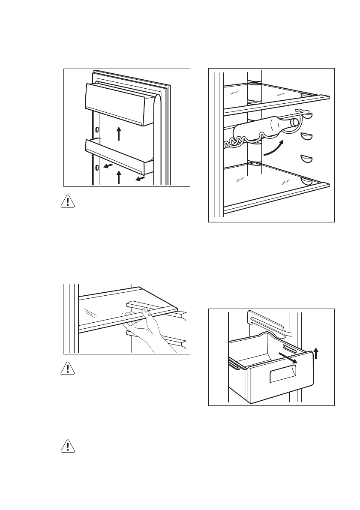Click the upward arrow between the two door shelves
tap(120, 133)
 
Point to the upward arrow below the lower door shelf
tap(120, 177)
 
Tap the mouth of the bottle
tap(295, 122)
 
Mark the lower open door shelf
tap(120, 154)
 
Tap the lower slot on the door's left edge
tap(97, 168)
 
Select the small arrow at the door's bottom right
tap(140, 177)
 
